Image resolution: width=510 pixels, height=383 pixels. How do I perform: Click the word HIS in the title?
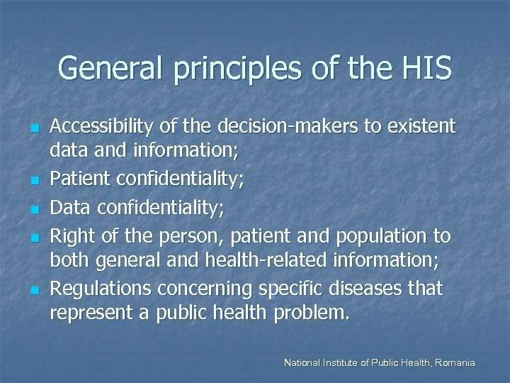tap(425, 69)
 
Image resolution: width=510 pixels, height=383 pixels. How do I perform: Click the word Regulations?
tap(101, 289)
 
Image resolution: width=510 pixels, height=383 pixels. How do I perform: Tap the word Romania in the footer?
tap(455, 363)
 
